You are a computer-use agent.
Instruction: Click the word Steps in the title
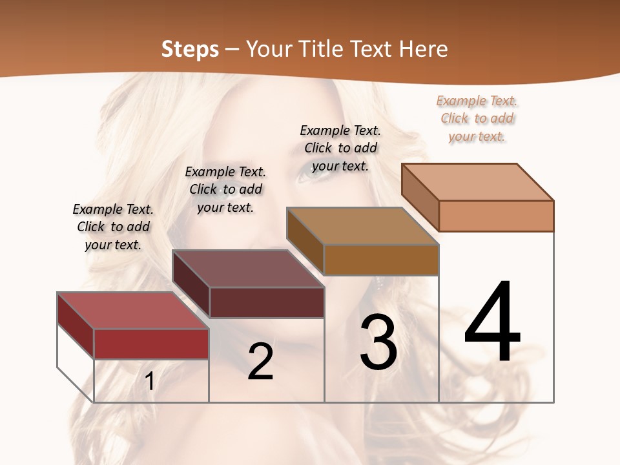click(x=190, y=49)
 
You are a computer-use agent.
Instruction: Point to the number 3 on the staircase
click(x=378, y=342)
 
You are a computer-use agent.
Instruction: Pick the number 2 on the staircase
click(x=260, y=362)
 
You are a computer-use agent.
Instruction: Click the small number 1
click(x=150, y=381)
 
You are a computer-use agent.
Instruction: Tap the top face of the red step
click(x=132, y=311)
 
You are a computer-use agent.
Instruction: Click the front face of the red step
click(x=151, y=344)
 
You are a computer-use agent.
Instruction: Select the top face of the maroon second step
click(x=248, y=269)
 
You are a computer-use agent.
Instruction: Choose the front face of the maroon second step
click(x=267, y=302)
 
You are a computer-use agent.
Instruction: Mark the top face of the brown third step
click(x=362, y=226)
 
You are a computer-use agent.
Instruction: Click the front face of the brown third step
click(x=381, y=260)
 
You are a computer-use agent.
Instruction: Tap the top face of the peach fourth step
click(x=477, y=182)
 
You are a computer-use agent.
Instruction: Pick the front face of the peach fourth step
click(x=496, y=216)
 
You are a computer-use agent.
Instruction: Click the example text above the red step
click(x=113, y=227)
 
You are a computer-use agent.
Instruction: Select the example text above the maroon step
click(x=225, y=189)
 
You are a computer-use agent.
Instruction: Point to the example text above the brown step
click(x=340, y=148)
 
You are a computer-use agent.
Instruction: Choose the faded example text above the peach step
click(x=477, y=118)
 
